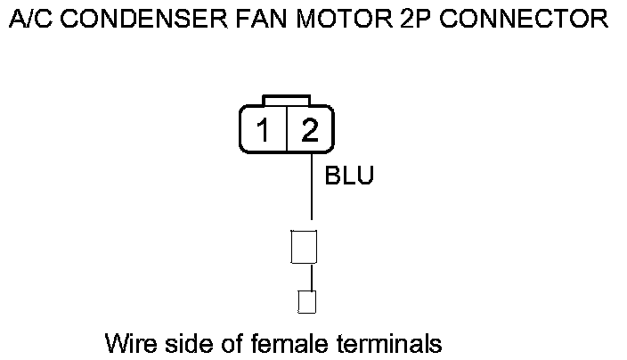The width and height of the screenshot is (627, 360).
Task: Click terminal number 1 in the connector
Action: tap(263, 131)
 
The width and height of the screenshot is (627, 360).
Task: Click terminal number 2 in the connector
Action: tap(309, 131)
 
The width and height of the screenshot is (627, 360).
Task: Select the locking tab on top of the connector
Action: tap(286, 98)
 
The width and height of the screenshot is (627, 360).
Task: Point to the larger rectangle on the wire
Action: tap(305, 246)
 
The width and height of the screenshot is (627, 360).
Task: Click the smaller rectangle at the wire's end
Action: tap(305, 302)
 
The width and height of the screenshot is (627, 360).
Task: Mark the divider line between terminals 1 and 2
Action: tap(285, 130)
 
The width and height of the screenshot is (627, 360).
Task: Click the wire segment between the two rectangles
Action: tap(311, 277)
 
